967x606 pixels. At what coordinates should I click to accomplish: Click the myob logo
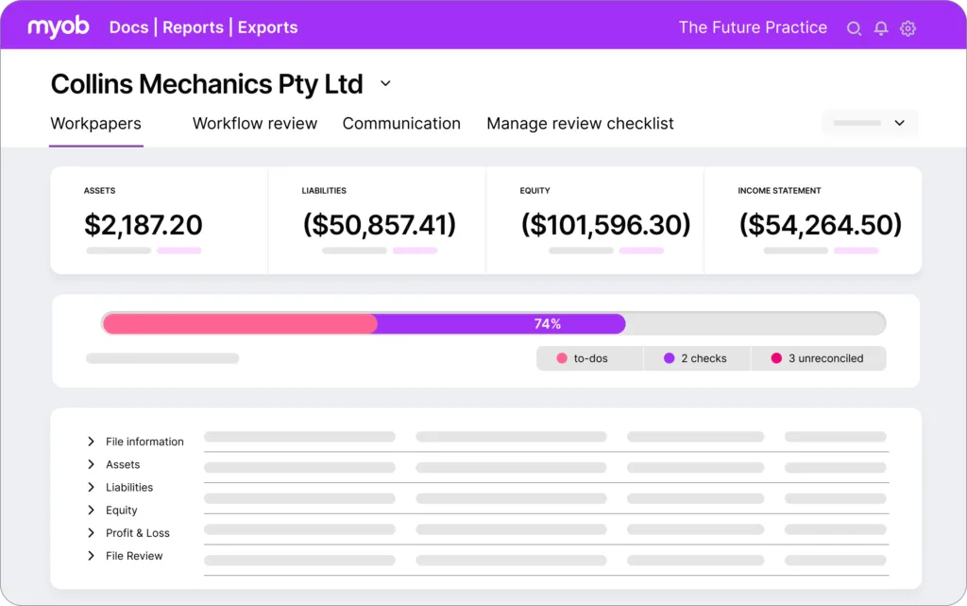click(x=59, y=26)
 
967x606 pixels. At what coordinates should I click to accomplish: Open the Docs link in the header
click(x=128, y=27)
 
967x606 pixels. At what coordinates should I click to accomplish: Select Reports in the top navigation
click(x=193, y=27)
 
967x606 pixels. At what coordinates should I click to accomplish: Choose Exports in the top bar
click(x=267, y=27)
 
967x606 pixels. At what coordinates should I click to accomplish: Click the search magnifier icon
click(x=854, y=28)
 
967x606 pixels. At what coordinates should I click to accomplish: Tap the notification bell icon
click(x=881, y=28)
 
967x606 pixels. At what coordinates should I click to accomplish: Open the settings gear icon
click(x=908, y=28)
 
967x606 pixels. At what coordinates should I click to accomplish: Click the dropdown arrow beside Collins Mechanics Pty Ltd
click(x=385, y=83)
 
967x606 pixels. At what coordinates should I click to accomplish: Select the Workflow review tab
click(x=255, y=124)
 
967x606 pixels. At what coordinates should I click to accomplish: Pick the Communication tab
click(x=401, y=124)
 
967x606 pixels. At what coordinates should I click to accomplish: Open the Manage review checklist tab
click(x=581, y=124)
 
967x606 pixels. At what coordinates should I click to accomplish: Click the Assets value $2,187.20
click(x=144, y=225)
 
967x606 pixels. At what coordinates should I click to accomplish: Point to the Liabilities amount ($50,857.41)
click(x=380, y=225)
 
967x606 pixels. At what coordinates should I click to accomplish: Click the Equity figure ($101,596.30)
click(x=605, y=225)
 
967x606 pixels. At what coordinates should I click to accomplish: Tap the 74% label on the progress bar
click(x=548, y=324)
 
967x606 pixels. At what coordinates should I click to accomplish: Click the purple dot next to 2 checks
click(x=670, y=358)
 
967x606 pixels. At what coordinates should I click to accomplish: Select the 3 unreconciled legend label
click(x=825, y=358)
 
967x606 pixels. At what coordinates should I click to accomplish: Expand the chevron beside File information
click(x=92, y=442)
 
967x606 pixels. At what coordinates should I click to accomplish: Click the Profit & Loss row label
click(x=138, y=533)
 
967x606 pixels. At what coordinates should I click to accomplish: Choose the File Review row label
click(x=134, y=556)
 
